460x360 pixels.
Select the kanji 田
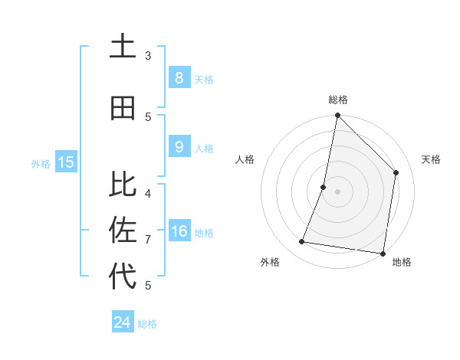(x=123, y=109)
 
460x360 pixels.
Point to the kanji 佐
(x=123, y=230)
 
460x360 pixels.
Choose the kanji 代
(x=123, y=276)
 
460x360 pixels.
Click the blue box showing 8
(x=179, y=78)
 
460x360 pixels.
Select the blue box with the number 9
(x=179, y=147)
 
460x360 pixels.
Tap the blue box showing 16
(x=179, y=232)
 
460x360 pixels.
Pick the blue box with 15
(x=65, y=162)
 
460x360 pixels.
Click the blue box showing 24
(x=122, y=322)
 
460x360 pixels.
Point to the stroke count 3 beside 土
(x=148, y=55)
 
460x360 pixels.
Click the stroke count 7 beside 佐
(x=148, y=240)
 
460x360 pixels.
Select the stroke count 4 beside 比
(x=148, y=193)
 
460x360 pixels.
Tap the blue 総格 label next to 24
(x=147, y=324)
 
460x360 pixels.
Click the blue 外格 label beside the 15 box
(x=41, y=163)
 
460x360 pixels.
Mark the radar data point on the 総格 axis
(x=337, y=116)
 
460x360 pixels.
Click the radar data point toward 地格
(x=382, y=253)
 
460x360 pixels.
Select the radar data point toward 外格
(x=302, y=242)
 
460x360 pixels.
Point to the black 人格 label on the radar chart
(x=245, y=159)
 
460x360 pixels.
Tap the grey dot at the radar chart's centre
(x=337, y=191)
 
